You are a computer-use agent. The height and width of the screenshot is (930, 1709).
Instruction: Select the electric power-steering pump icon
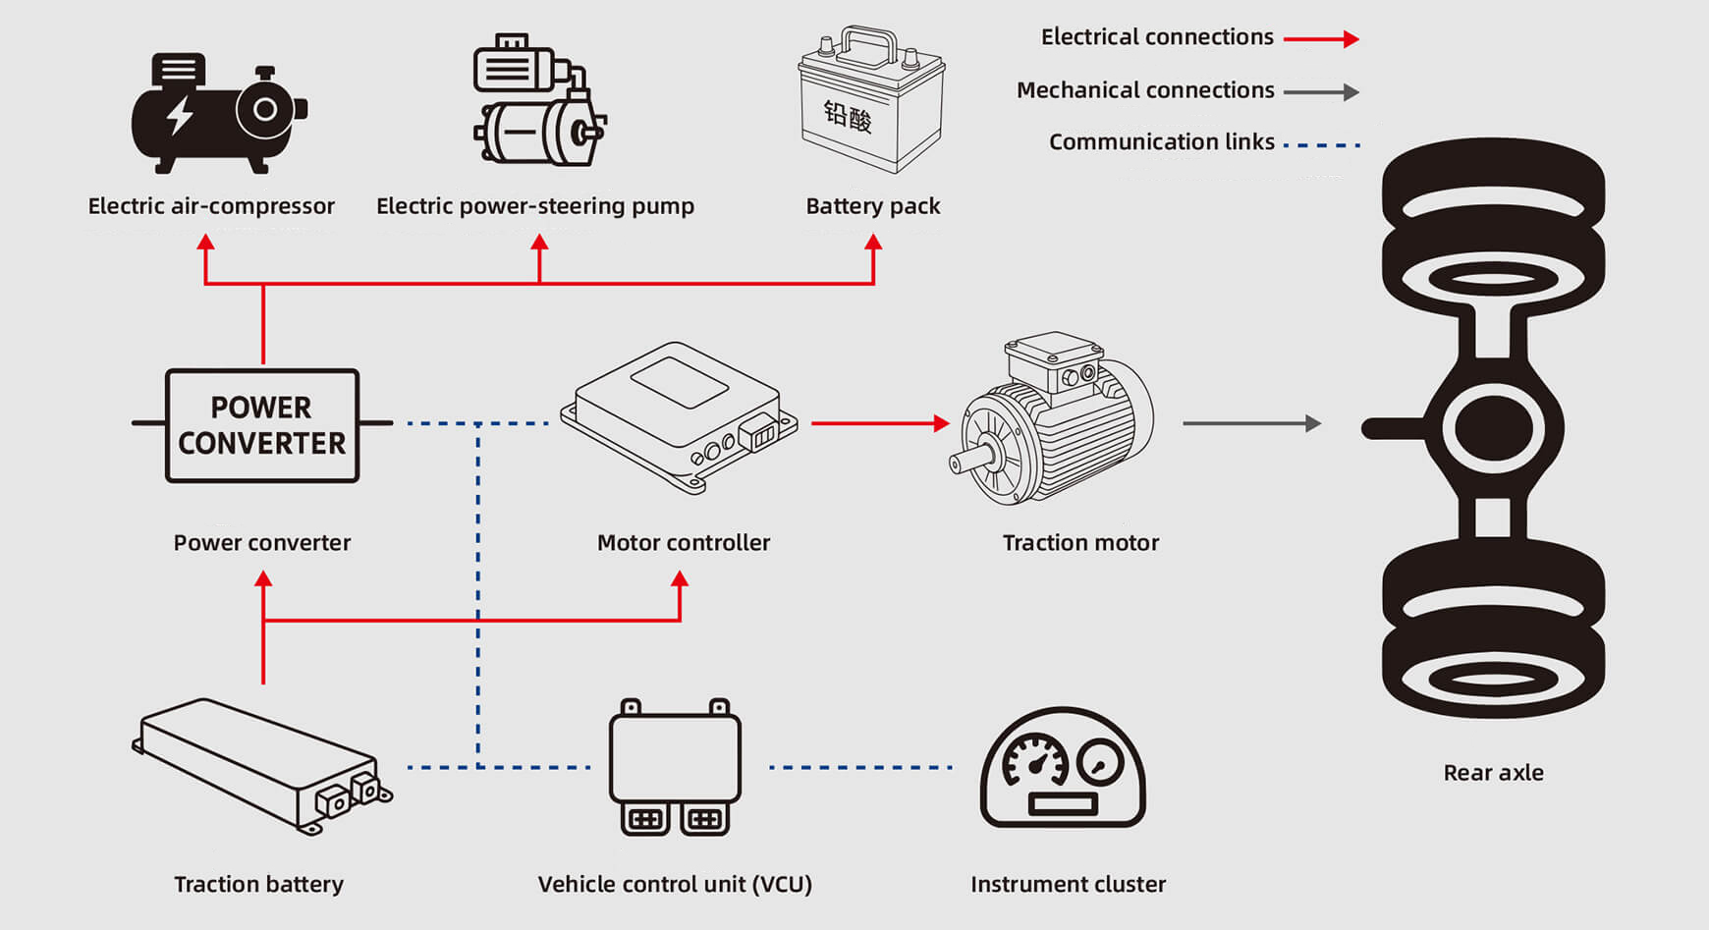[539, 101]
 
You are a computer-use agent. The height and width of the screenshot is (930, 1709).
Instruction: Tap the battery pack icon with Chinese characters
[871, 102]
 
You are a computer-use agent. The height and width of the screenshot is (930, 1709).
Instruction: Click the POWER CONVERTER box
[262, 425]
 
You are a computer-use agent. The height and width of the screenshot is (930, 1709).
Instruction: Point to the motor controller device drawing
[679, 417]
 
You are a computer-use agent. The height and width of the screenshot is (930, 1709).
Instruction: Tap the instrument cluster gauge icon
[1063, 769]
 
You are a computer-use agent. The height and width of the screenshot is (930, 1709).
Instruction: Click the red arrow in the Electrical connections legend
[1321, 39]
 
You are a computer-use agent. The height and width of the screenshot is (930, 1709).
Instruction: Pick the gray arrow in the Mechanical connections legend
[1321, 92]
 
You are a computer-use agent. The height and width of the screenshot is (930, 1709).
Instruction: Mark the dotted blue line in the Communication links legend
[1321, 145]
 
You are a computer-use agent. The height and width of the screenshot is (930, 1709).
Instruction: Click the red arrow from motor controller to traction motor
[880, 423]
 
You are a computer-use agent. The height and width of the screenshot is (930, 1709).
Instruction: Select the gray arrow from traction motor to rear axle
[1251, 423]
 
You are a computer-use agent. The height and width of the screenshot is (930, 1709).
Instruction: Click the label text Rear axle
[1493, 773]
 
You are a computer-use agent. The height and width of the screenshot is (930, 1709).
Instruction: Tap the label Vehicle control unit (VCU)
[675, 884]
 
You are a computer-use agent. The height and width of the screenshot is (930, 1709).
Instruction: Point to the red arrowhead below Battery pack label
[873, 243]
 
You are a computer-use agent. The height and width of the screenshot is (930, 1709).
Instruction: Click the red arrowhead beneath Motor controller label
[680, 579]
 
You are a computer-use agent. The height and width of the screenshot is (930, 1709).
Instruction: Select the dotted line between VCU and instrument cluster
[860, 767]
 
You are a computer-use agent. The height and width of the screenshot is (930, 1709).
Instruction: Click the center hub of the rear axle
[1493, 427]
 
